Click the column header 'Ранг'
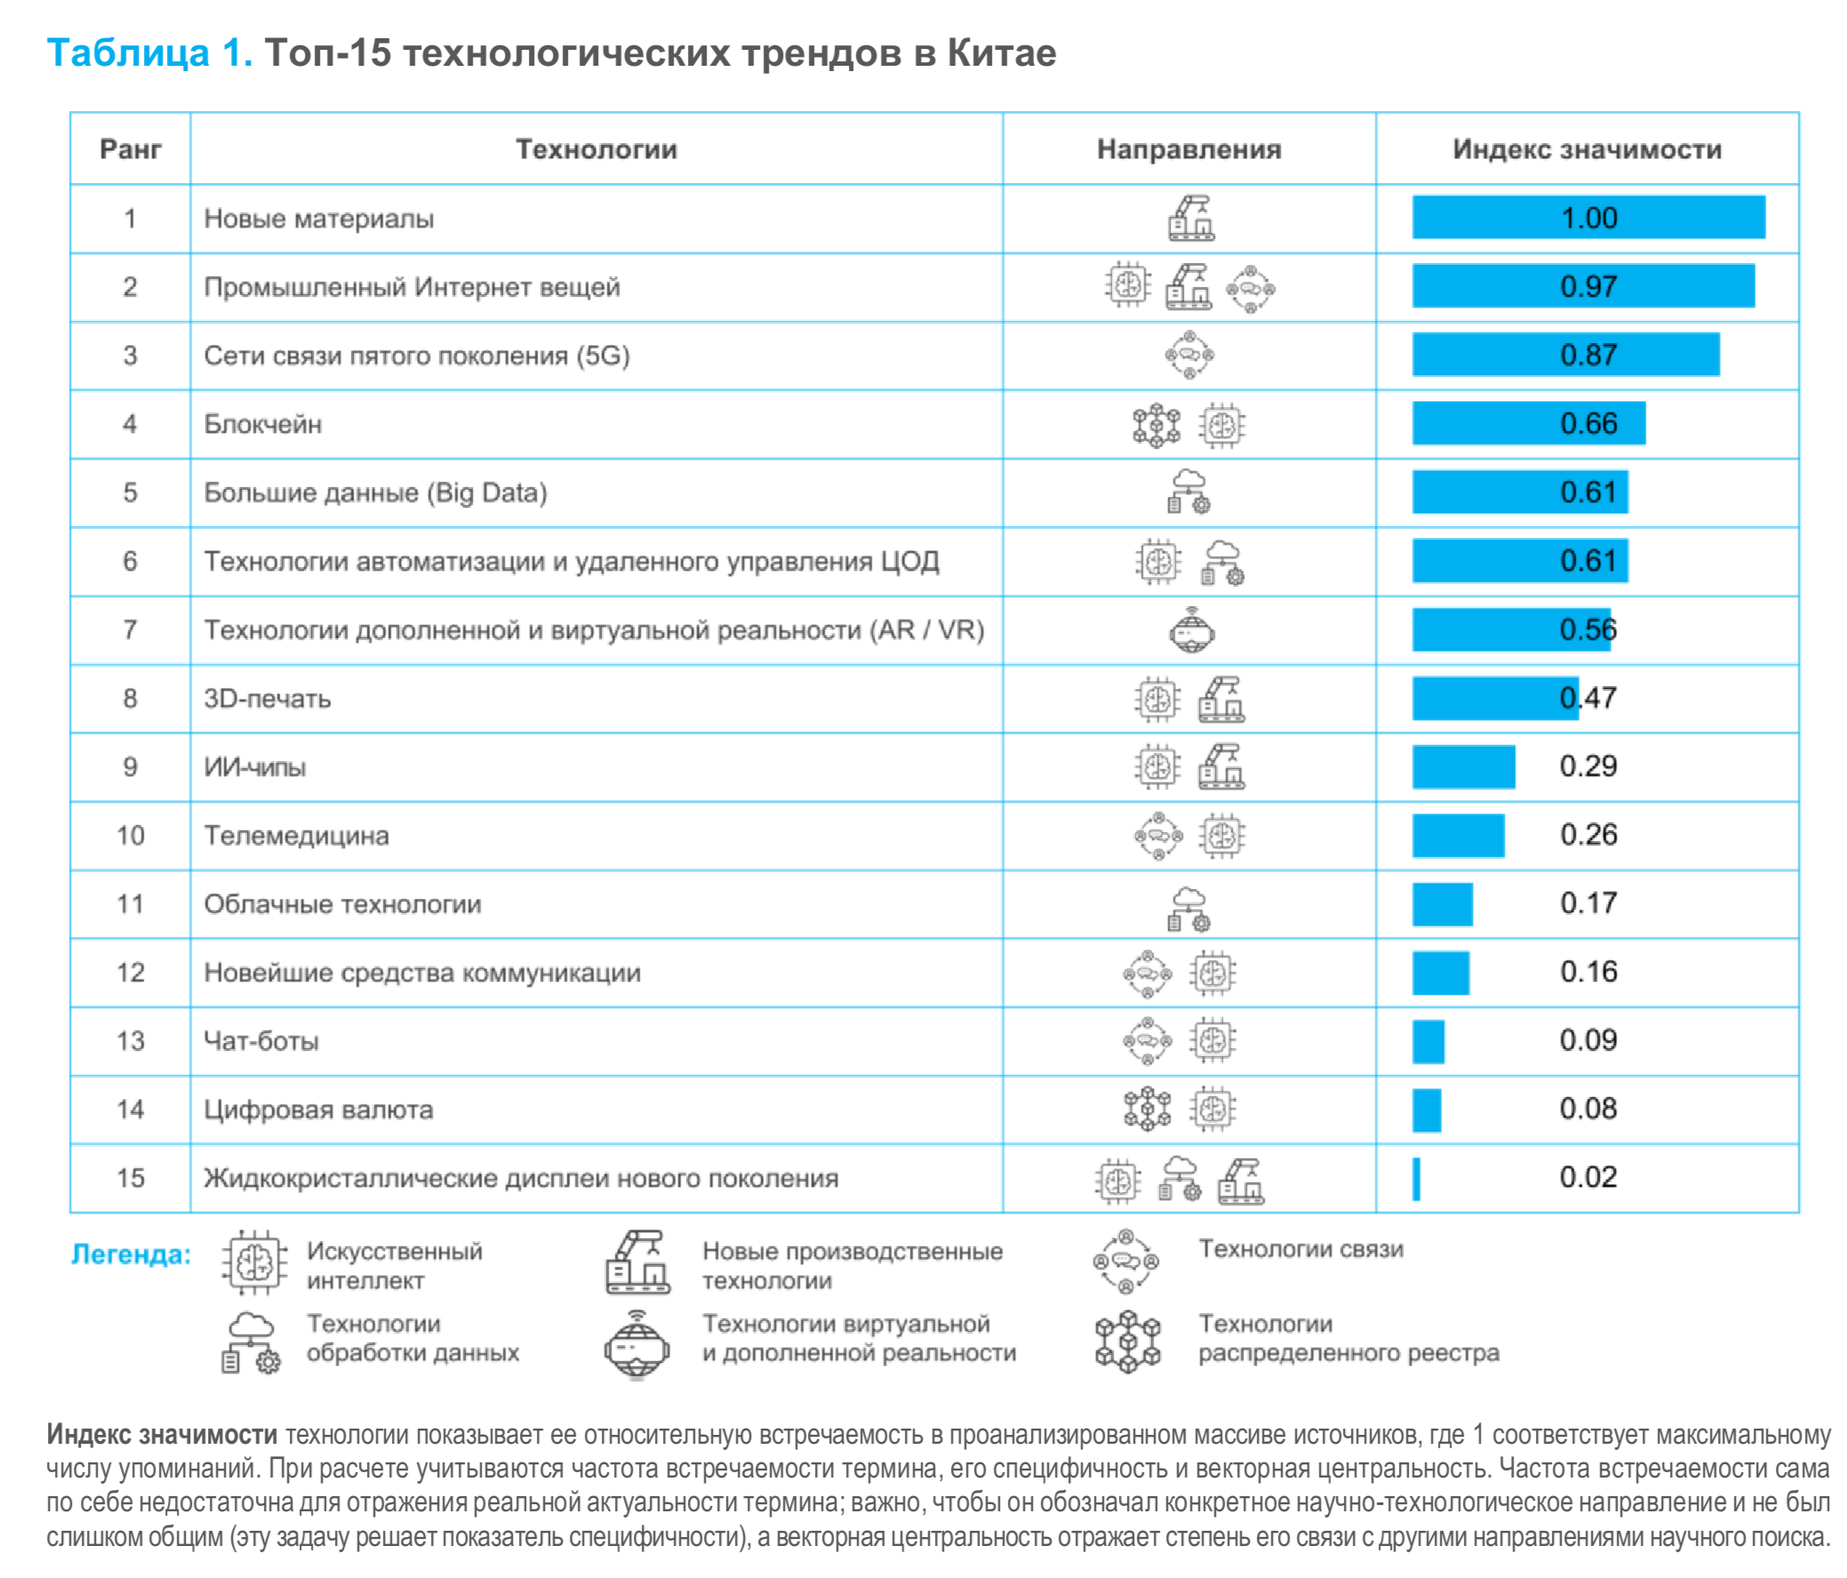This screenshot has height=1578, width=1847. point(130,148)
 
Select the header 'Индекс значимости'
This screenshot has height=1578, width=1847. point(1587,148)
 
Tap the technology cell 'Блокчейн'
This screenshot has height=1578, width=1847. point(263,423)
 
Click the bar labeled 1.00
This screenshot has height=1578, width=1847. point(1587,218)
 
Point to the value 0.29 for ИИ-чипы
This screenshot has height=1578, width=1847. point(1587,765)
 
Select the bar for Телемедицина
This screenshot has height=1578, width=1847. point(1459,836)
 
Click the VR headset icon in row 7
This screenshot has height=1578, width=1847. point(1191,630)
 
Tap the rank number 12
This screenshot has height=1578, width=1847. point(130,972)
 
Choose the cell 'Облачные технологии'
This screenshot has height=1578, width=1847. point(342,904)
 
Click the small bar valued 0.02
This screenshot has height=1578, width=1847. point(1417,1178)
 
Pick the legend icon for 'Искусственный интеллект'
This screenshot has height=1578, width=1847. point(255,1262)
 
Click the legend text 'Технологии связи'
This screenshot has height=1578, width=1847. point(1300,1249)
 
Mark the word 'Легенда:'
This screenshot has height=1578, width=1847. point(131,1254)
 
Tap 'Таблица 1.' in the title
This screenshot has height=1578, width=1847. point(149,53)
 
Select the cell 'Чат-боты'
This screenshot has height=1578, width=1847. point(261,1040)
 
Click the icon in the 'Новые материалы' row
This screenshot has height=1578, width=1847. point(1191,219)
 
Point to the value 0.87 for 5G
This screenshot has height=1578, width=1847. point(1587,355)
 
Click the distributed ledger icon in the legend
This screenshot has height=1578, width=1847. point(1128,1341)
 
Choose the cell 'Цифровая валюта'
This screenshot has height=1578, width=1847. point(318,1109)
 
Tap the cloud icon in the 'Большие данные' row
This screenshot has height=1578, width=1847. point(1189,493)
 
